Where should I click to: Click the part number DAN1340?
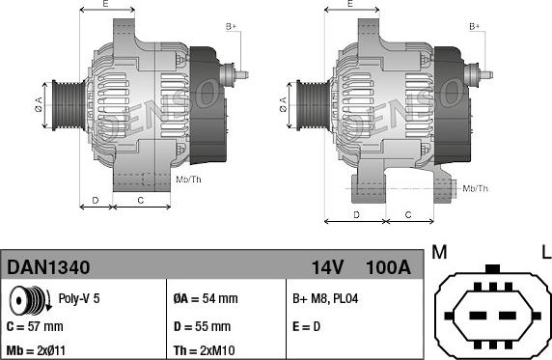click(x=48, y=267)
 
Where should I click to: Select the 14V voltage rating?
click(x=327, y=267)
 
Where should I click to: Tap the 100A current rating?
click(x=388, y=267)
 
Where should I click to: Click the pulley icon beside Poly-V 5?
click(x=30, y=300)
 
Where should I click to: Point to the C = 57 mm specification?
click(x=35, y=326)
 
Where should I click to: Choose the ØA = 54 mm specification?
click(x=206, y=298)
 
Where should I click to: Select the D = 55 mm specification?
click(x=202, y=326)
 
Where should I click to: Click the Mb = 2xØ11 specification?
click(x=36, y=351)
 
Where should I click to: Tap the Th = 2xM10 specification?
click(x=205, y=351)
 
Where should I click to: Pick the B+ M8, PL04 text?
click(x=325, y=298)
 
